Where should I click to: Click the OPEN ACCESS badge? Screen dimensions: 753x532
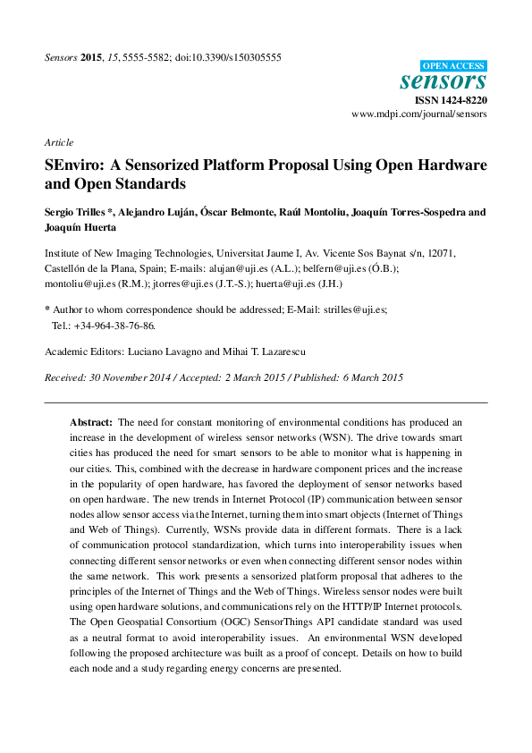[x=453, y=65]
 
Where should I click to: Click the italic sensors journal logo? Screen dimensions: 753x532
[x=443, y=81]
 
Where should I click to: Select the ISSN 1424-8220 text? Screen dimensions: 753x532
[x=452, y=101]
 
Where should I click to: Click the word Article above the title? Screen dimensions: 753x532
[x=59, y=142]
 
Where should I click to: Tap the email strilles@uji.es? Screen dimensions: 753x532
[x=355, y=309]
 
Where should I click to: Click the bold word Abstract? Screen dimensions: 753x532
[x=92, y=421]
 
